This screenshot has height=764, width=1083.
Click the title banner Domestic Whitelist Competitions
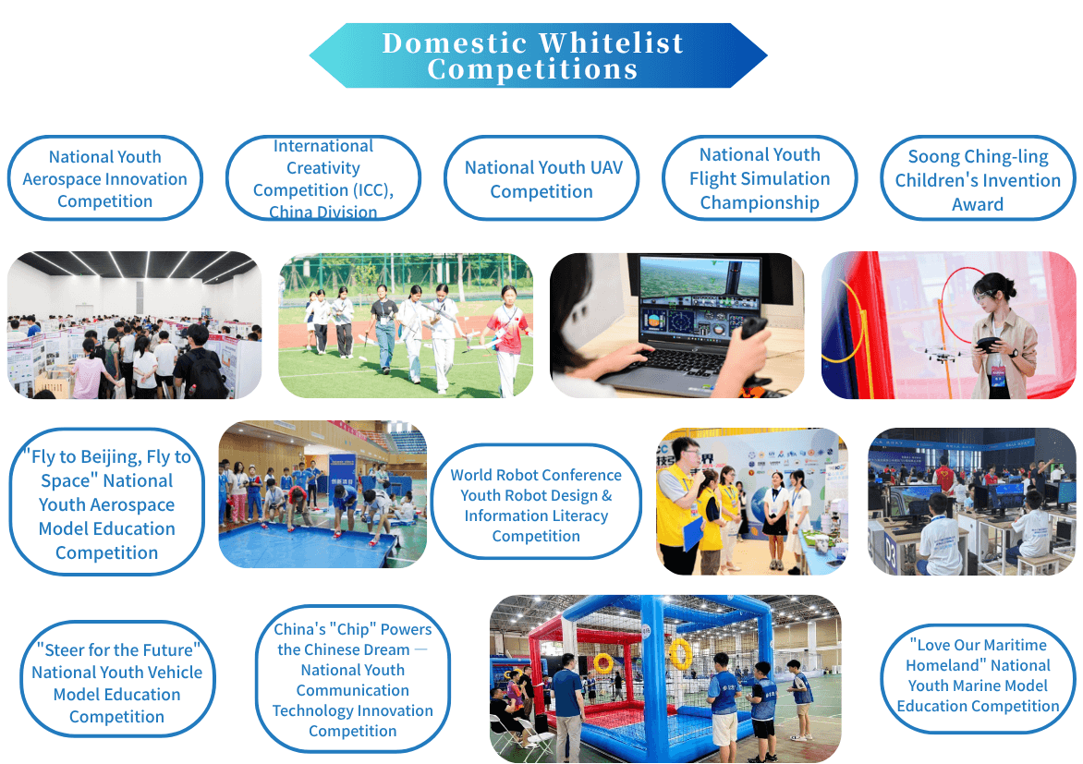(538, 55)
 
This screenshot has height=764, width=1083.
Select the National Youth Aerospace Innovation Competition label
(105, 178)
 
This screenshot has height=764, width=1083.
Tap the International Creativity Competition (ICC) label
(323, 178)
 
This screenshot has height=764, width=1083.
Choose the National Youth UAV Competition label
(541, 178)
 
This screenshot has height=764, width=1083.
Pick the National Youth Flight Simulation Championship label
(760, 178)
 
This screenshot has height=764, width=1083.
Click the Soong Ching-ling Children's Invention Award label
(978, 178)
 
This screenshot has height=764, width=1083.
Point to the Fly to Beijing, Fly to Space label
(107, 503)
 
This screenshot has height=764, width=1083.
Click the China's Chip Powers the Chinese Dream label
(353, 679)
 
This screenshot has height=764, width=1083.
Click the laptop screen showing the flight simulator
(700, 297)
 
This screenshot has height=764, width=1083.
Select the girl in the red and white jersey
(506, 338)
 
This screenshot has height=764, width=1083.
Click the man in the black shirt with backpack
(198, 363)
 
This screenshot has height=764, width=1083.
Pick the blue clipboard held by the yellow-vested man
(692, 533)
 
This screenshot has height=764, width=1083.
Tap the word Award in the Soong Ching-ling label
(978, 204)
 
